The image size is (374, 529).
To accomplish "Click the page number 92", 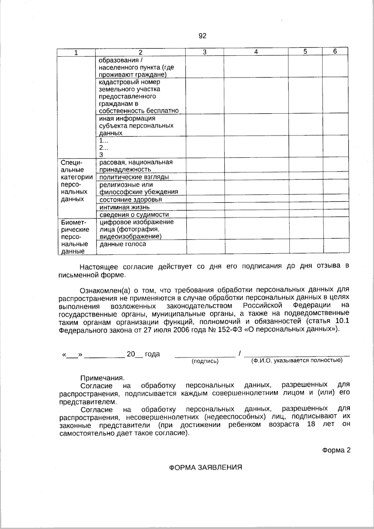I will [202, 36].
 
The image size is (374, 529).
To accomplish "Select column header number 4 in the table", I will [256, 52].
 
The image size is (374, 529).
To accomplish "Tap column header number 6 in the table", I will [335, 51].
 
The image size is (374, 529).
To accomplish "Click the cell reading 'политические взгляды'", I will [134, 177].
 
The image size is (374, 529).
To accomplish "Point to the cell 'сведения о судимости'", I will [134, 214].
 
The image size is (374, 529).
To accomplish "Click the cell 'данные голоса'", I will [123, 244].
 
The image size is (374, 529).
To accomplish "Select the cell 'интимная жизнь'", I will [125, 207].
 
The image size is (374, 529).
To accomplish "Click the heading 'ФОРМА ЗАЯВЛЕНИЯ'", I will [205, 468].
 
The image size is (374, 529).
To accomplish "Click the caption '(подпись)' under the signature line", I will [205, 361].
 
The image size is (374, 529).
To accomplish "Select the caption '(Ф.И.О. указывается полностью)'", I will [297, 360].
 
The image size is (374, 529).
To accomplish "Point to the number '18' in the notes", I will [311, 424].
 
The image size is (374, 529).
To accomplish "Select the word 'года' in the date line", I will [152, 354].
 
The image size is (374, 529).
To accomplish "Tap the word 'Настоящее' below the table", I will [99, 267].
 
